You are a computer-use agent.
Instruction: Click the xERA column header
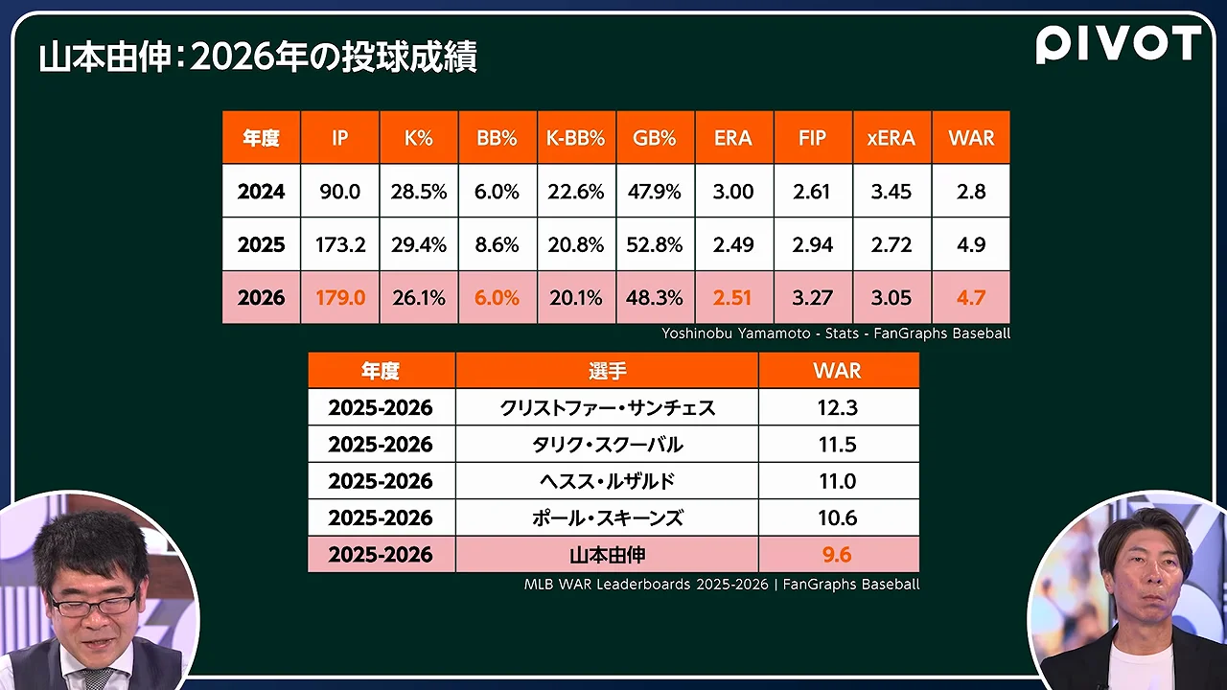pyautogui.click(x=891, y=138)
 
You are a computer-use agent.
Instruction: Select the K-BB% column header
pyautogui.click(x=576, y=138)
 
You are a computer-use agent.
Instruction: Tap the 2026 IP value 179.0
pyautogui.click(x=340, y=297)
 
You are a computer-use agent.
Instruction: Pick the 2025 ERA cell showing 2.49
pyautogui.click(x=733, y=244)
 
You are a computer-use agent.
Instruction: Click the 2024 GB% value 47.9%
pyautogui.click(x=654, y=191)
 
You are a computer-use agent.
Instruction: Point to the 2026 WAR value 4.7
pyautogui.click(x=971, y=297)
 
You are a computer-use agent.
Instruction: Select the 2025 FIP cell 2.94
pyautogui.click(x=812, y=244)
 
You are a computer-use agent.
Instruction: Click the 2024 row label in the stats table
pyautogui.click(x=262, y=191)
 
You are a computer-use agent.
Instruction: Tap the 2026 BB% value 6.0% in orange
pyautogui.click(x=497, y=297)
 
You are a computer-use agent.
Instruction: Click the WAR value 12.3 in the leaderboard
pyautogui.click(x=838, y=407)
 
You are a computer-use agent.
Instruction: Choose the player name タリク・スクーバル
pyautogui.click(x=607, y=444)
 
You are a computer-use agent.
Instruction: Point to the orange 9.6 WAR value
pyautogui.click(x=837, y=554)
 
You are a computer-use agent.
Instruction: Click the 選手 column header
pyautogui.click(x=607, y=371)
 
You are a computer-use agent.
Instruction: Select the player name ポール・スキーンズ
pyautogui.click(x=607, y=517)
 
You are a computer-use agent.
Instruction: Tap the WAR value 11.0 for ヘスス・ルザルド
pyautogui.click(x=838, y=481)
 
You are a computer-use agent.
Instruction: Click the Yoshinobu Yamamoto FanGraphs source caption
pyautogui.click(x=836, y=333)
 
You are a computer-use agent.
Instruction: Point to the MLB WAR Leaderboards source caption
pyautogui.click(x=722, y=584)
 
